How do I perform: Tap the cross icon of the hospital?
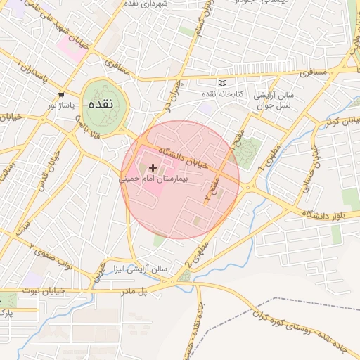(x=153, y=167)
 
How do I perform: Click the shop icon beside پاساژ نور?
(x=62, y=94)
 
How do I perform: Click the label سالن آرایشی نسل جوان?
(x=276, y=99)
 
